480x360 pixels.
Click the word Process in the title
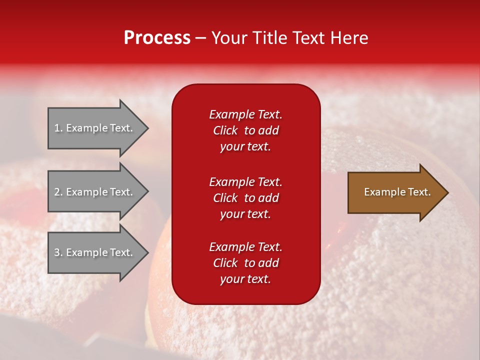157,38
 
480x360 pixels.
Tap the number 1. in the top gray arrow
58,128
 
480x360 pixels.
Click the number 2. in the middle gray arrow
58,192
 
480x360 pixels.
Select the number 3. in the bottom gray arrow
58,252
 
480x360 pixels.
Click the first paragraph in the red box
245,130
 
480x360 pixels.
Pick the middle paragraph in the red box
245,198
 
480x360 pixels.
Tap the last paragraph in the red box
245,263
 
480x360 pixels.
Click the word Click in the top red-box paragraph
225,130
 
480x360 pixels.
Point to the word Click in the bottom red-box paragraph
225,263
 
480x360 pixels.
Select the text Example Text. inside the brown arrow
397,192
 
